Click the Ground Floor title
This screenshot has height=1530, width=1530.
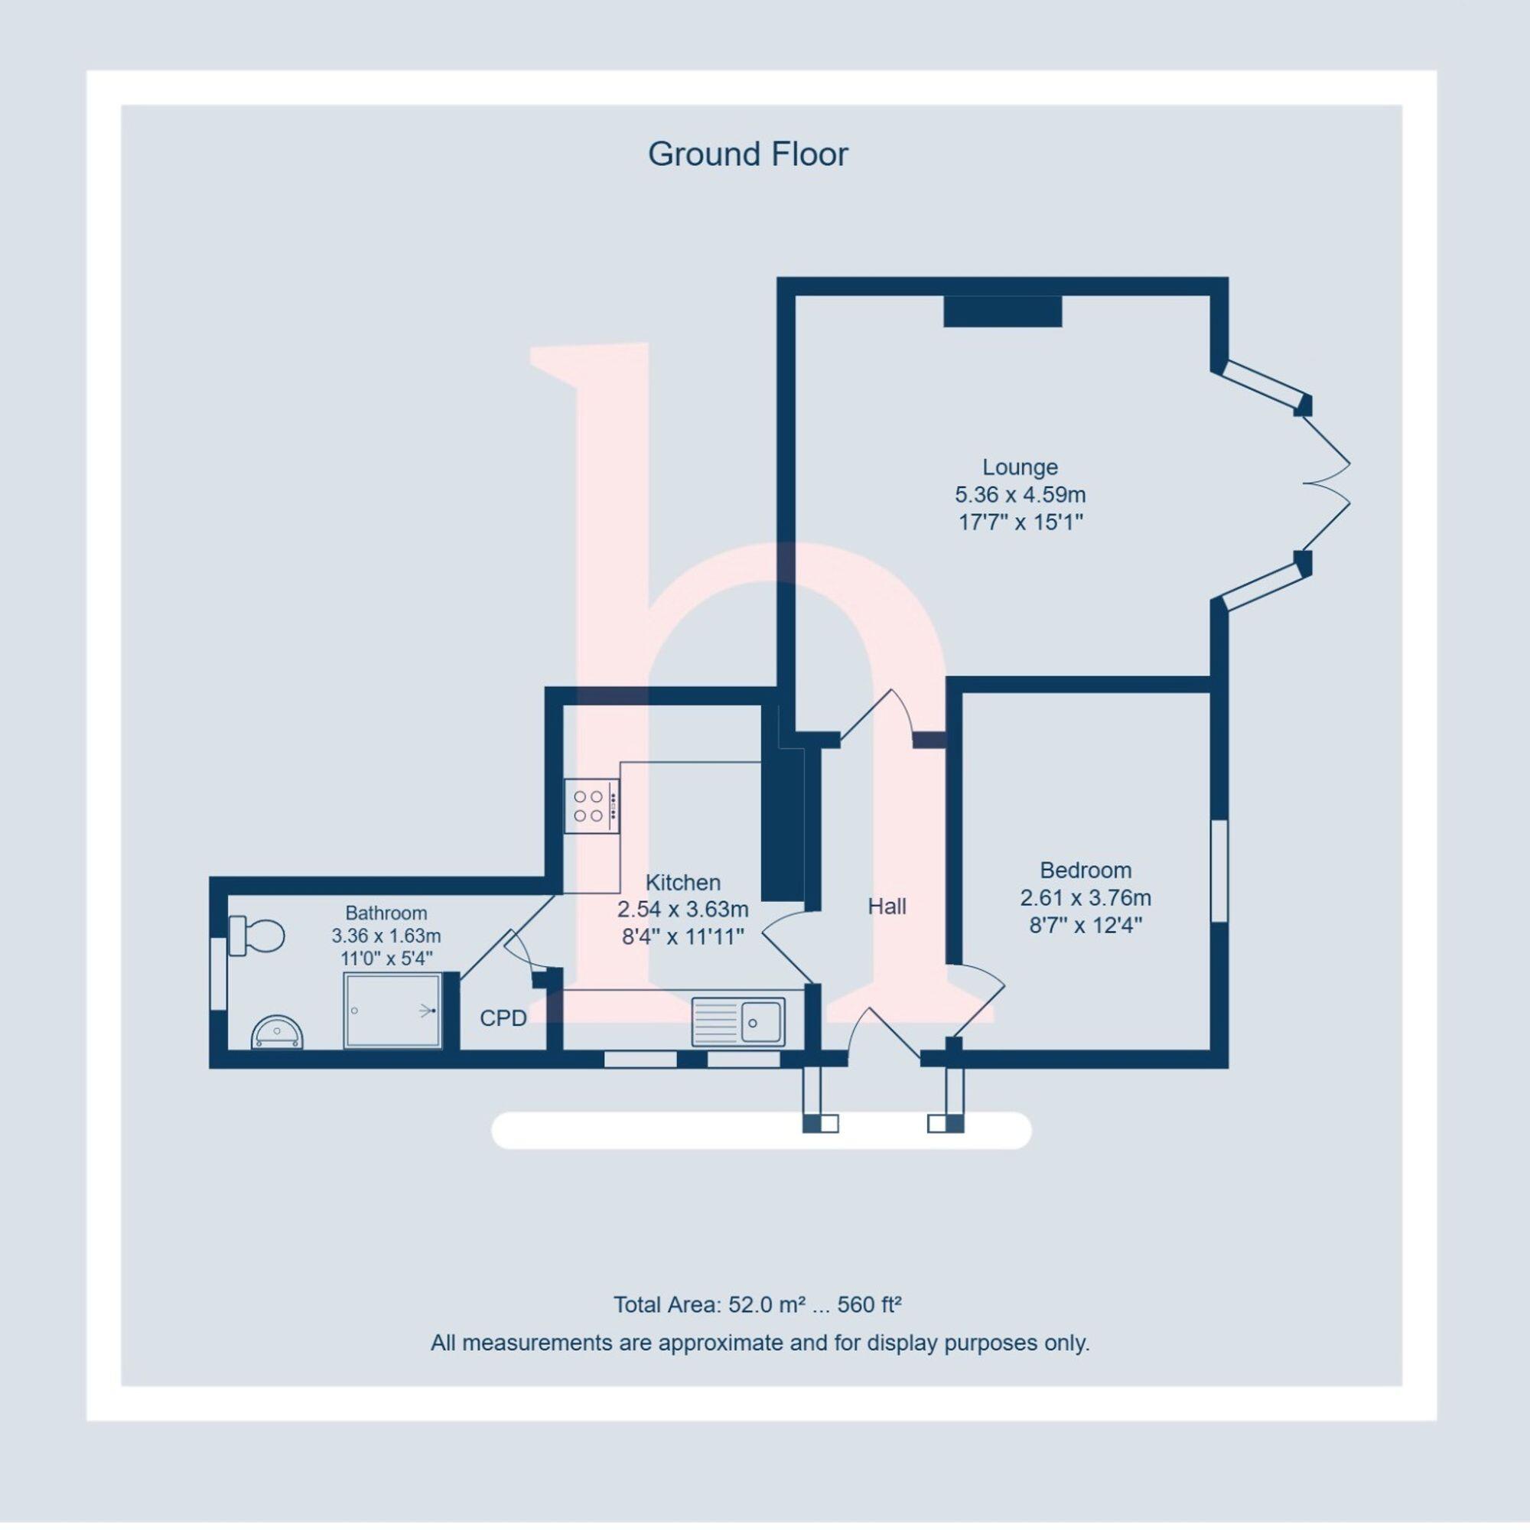(x=747, y=155)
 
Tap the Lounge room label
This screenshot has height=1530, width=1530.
(x=1019, y=467)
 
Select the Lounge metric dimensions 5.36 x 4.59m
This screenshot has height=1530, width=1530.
(x=1019, y=495)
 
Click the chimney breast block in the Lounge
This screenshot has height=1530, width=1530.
(x=1002, y=311)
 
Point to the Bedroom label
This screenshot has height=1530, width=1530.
(x=1085, y=871)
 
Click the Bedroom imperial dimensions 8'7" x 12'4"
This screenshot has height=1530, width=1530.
(x=1085, y=925)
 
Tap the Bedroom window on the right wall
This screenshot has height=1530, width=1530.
(x=1219, y=871)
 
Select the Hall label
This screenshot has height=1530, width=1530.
(x=886, y=907)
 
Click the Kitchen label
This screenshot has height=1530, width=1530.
(x=682, y=882)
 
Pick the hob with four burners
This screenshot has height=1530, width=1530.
(x=591, y=806)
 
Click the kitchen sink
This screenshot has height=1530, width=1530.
(x=738, y=1021)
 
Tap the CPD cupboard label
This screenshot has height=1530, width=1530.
(x=503, y=1018)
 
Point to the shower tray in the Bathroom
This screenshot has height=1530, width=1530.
(x=392, y=1011)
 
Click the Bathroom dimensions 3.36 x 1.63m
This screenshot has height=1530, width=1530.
(x=386, y=936)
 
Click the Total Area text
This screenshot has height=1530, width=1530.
(x=758, y=1304)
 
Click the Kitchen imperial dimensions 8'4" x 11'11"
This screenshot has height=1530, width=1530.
(x=682, y=937)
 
